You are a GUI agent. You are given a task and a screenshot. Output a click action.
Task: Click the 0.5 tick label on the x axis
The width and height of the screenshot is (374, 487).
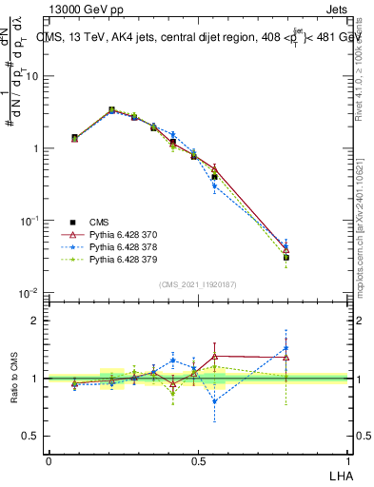tap(197, 460)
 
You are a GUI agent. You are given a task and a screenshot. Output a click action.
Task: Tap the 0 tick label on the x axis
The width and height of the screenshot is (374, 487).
tap(49, 460)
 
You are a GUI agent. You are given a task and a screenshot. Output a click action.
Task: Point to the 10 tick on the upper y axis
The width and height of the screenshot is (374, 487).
tap(34, 76)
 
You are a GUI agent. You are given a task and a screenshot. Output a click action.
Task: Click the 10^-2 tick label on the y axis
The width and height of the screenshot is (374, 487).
tap(30, 292)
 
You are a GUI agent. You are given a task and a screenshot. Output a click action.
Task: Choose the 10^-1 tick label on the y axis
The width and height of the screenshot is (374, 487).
tap(30, 221)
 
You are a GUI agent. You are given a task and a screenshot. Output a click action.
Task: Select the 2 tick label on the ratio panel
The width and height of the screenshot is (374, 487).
tap(37, 321)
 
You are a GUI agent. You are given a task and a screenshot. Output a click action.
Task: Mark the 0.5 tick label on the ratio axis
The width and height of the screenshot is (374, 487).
tap(33, 436)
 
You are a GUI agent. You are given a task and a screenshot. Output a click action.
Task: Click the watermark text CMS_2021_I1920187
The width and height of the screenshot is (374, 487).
tap(197, 283)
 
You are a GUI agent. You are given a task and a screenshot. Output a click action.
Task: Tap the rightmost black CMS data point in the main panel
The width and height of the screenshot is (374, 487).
tap(285, 257)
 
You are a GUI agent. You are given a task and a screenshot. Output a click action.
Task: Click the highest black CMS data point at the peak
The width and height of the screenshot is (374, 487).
tap(112, 110)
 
